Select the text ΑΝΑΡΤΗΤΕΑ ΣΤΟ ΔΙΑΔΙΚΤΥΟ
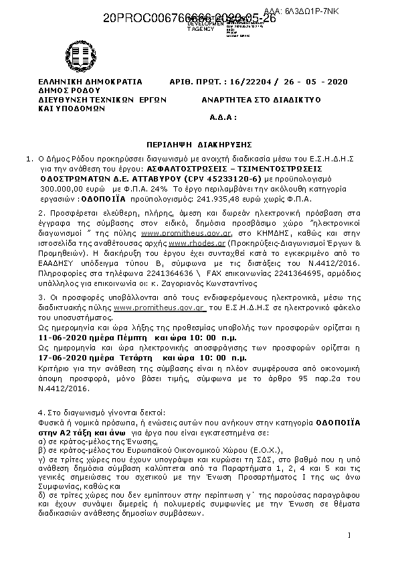tap(261, 98)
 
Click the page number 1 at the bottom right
tap(350, 535)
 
